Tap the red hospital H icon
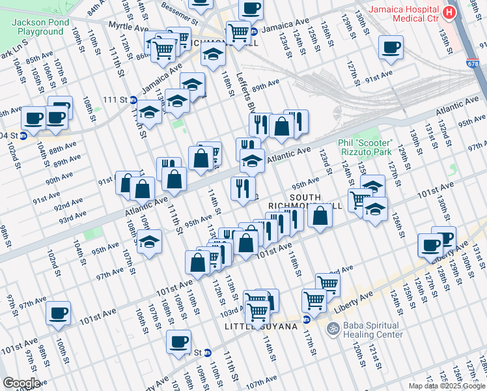click(x=449, y=12)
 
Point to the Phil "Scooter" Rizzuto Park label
click(x=365, y=147)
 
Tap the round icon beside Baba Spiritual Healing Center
click(x=333, y=327)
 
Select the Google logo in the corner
click(x=21, y=383)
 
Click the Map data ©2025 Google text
click(x=446, y=386)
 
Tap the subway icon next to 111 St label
click(x=133, y=100)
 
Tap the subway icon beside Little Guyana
click(x=305, y=319)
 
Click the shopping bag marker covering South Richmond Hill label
click(x=320, y=215)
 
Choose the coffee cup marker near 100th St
click(x=58, y=312)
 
